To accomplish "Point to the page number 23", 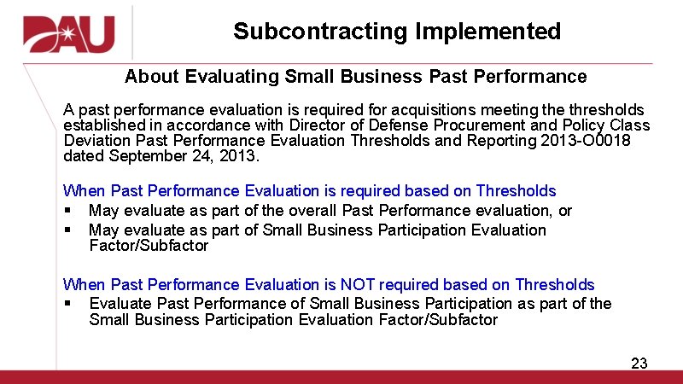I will tap(639, 364).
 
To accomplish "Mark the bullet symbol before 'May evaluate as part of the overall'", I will tap(67, 211).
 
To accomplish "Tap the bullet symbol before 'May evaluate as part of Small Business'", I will tap(67, 230).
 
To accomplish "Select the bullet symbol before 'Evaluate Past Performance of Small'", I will tap(67, 304).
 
